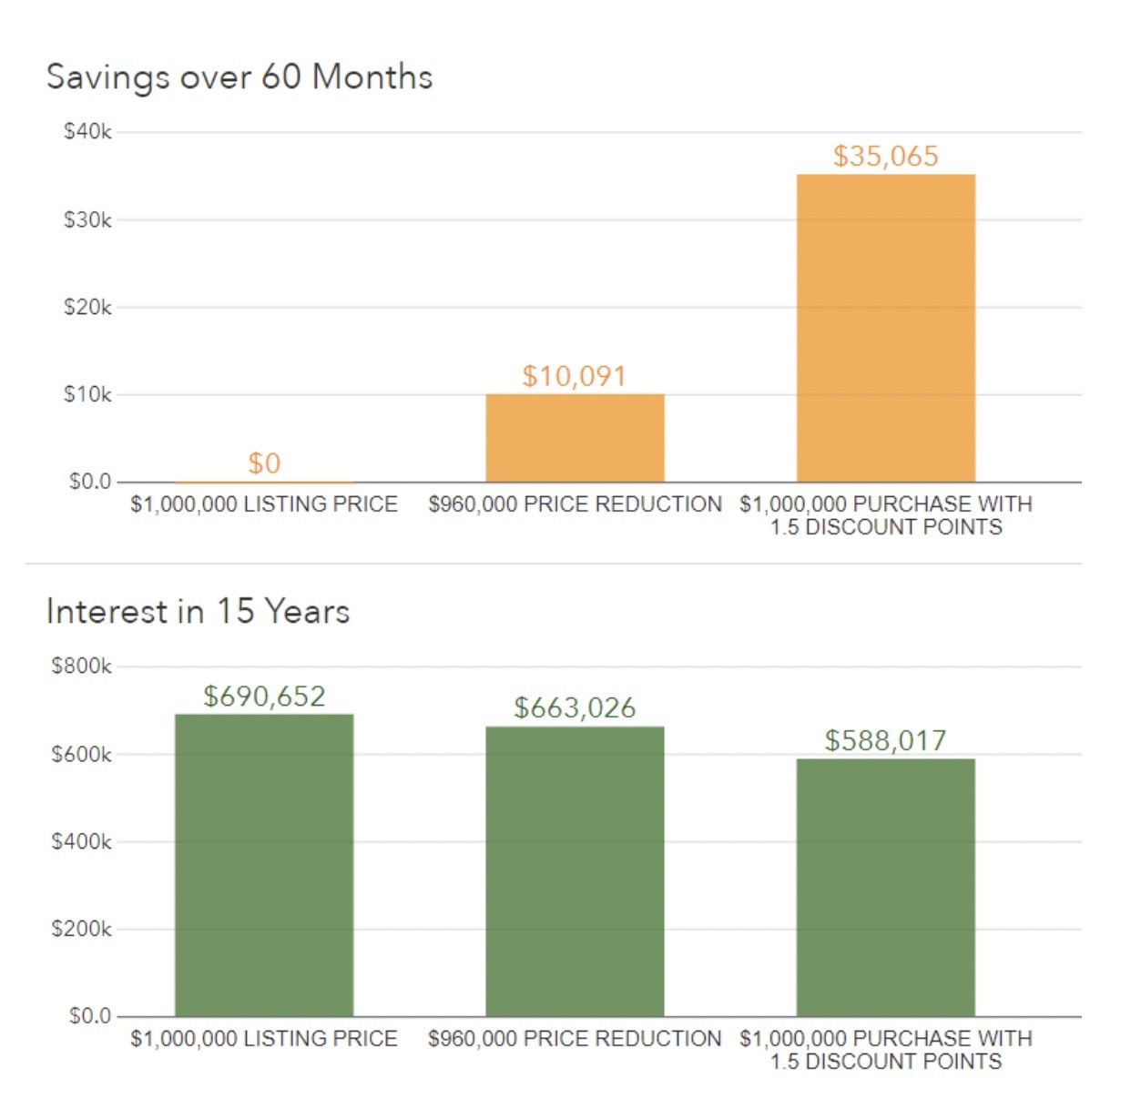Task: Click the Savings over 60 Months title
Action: coord(239,77)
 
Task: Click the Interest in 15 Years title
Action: coord(198,611)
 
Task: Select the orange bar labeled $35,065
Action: coord(885,328)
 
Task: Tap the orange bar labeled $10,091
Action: coord(575,438)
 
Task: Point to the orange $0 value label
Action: coord(264,463)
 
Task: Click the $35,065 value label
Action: coord(885,156)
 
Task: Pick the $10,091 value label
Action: coord(575,376)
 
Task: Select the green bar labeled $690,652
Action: coord(264,865)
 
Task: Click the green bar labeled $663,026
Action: coord(575,871)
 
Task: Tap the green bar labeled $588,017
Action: coord(885,888)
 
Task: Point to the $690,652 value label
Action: coord(264,697)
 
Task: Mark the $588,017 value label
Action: coord(885,740)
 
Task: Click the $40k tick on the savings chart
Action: coord(87,132)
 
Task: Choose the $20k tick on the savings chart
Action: coord(87,307)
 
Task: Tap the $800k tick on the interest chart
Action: coord(82,666)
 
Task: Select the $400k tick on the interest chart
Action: coord(82,841)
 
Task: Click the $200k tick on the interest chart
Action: coord(82,929)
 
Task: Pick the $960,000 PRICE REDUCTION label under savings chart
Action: coord(575,504)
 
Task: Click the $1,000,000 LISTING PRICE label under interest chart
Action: coord(264,1039)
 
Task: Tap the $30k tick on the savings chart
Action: coord(87,219)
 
